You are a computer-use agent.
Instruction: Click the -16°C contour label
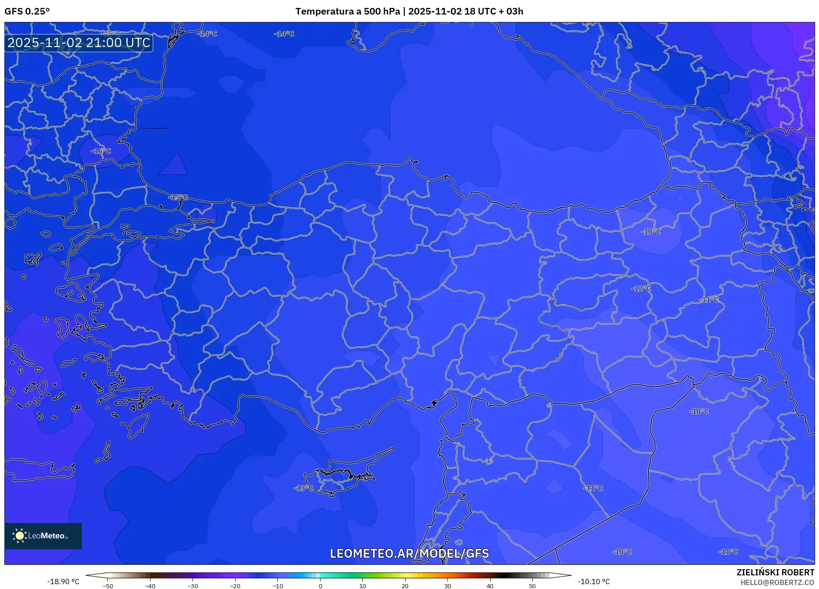tap(101, 151)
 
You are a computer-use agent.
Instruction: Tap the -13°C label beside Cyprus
tap(303, 488)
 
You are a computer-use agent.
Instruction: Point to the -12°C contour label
tap(641, 288)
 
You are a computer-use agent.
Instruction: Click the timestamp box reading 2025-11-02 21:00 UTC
tap(79, 43)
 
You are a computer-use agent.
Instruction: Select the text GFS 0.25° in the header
tap(27, 11)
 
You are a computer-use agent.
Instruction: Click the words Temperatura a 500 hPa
tap(347, 11)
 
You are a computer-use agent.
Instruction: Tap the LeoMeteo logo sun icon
tap(20, 536)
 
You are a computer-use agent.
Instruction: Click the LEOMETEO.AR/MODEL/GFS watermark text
tap(409, 553)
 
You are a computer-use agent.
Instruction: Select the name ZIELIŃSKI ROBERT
tap(775, 572)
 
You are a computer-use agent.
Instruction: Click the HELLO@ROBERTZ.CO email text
tap(777, 582)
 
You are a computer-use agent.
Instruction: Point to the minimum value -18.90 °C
tap(63, 582)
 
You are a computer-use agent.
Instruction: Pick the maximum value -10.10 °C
tap(594, 582)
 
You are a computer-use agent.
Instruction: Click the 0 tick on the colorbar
tap(320, 586)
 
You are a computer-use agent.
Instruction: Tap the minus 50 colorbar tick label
tap(108, 586)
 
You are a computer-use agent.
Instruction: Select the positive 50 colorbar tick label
tap(532, 586)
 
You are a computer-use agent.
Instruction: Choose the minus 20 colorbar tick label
tap(235, 586)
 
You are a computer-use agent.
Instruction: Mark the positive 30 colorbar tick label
tap(447, 586)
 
